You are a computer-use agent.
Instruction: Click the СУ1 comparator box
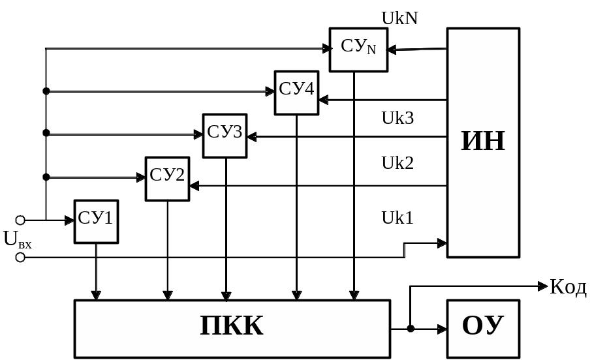tap(96, 222)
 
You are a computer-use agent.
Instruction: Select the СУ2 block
tap(167, 179)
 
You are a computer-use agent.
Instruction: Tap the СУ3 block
tap(225, 136)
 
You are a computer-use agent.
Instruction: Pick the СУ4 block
tap(296, 93)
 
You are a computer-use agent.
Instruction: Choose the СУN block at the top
tap(358, 50)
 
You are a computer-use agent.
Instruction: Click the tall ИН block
tap(483, 142)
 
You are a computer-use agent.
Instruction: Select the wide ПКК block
tap(232, 329)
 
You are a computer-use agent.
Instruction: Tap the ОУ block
tap(483, 329)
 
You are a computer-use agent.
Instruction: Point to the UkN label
tap(399, 18)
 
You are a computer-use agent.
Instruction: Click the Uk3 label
tap(397, 118)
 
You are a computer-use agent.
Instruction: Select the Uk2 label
tap(397, 162)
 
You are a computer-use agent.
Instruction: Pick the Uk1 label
tap(397, 218)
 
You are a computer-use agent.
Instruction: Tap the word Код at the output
tap(569, 287)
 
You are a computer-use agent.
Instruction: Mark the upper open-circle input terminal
tap(20, 220)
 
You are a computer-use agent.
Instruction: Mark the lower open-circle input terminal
tap(20, 258)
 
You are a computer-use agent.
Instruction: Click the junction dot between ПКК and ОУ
tap(411, 329)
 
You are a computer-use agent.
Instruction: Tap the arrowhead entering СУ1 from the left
tap(70, 220)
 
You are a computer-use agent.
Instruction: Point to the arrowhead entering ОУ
tap(443, 329)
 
